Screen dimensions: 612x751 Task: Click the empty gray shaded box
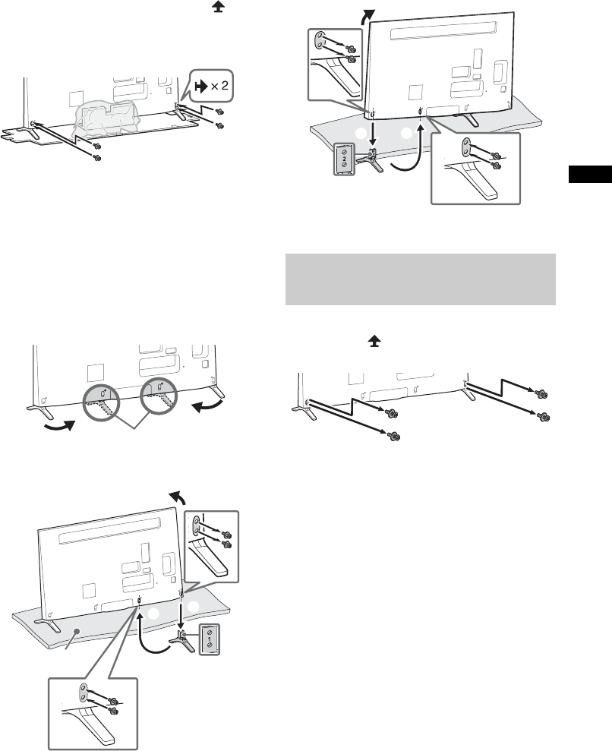tap(420, 279)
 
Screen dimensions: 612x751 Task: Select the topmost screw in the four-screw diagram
tap(541, 393)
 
